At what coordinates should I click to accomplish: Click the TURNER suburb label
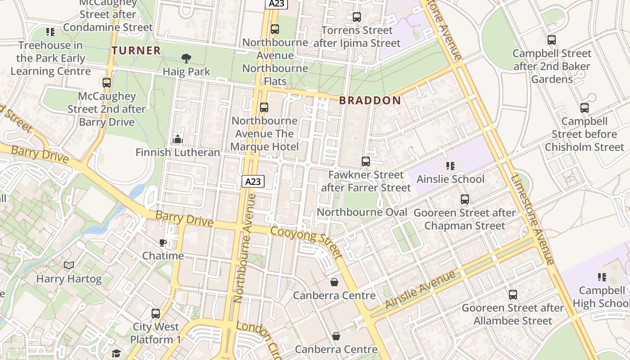136,50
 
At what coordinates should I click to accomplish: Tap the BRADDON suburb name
370,100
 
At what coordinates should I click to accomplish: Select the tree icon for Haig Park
186,58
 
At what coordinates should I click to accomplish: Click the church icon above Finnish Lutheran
178,139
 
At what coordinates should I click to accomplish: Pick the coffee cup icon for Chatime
162,243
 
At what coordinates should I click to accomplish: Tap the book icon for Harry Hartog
69,265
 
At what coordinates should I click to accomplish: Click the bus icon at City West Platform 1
156,313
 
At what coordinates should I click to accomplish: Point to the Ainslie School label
450,179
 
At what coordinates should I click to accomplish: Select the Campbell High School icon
602,277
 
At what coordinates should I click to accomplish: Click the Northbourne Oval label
362,212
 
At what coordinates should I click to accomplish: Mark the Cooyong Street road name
306,242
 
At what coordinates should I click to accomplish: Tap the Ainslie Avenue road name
421,289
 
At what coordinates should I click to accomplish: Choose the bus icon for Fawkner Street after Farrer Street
366,161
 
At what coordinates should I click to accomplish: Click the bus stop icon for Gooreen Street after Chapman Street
465,199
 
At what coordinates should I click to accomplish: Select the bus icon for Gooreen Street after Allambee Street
513,295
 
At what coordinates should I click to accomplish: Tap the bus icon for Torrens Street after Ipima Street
357,17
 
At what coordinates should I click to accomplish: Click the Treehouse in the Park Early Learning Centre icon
50,32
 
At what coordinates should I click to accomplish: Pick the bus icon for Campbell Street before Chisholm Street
585,108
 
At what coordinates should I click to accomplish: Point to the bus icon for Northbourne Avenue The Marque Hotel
264,108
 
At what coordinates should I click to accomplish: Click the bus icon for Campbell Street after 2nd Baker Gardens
552,40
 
